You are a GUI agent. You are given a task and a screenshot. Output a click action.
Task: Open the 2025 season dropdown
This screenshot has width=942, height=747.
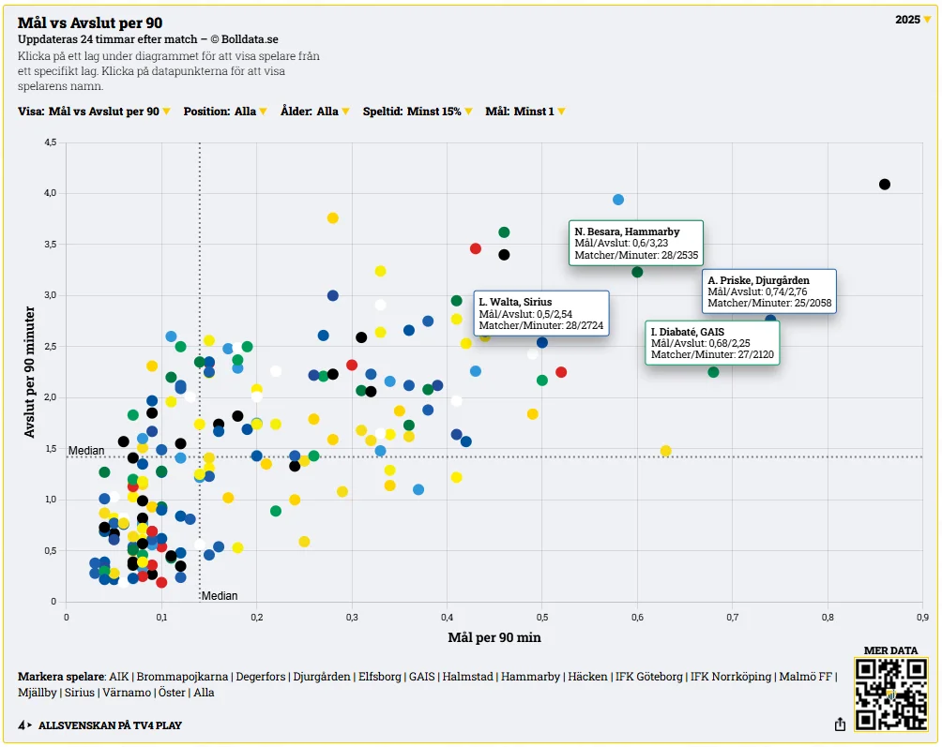pos(913,20)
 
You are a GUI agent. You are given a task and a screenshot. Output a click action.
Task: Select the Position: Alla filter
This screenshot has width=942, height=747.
pos(225,112)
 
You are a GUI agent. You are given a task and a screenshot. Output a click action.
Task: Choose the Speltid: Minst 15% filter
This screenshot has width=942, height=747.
pos(418,112)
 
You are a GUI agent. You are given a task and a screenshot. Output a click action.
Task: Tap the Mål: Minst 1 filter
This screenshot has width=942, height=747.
pos(525,112)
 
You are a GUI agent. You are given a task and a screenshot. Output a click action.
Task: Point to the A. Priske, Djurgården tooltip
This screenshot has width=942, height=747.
pos(768,291)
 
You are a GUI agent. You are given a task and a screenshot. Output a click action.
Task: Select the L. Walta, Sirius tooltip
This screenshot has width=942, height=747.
pos(542,314)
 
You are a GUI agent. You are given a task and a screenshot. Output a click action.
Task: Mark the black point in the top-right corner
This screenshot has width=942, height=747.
pos(884,185)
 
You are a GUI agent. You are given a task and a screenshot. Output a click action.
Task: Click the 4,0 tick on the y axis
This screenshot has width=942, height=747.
pos(49,193)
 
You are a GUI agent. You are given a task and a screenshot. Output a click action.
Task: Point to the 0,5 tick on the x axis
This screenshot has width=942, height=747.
pos(542,617)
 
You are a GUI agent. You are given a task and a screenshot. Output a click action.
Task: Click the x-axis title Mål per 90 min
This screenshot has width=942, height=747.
pos(494,638)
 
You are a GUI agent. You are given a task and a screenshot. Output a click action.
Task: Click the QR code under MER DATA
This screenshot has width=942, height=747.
pos(890,695)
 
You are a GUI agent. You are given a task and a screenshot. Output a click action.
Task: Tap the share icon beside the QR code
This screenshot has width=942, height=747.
pos(840,725)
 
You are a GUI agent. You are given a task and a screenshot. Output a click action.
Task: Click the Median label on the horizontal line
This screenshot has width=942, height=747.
pos(86,451)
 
